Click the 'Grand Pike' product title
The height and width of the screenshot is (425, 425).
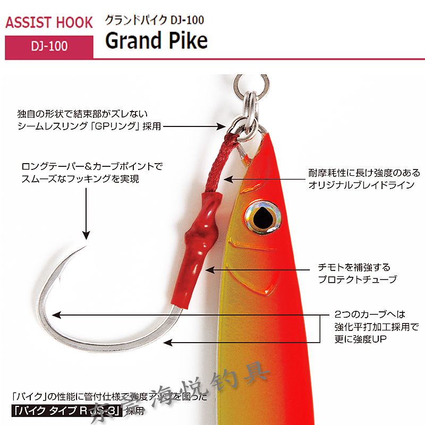(156, 40)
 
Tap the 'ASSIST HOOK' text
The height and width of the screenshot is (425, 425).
(49, 23)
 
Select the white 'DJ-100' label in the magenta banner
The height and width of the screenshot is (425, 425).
(49, 46)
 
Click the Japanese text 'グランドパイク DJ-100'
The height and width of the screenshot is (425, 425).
(154, 20)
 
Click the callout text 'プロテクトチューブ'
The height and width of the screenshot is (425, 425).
(357, 279)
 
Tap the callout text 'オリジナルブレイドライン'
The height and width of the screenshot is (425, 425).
(364, 184)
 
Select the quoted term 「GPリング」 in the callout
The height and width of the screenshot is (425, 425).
(127, 126)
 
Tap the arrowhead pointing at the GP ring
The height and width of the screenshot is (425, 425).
(224, 126)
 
